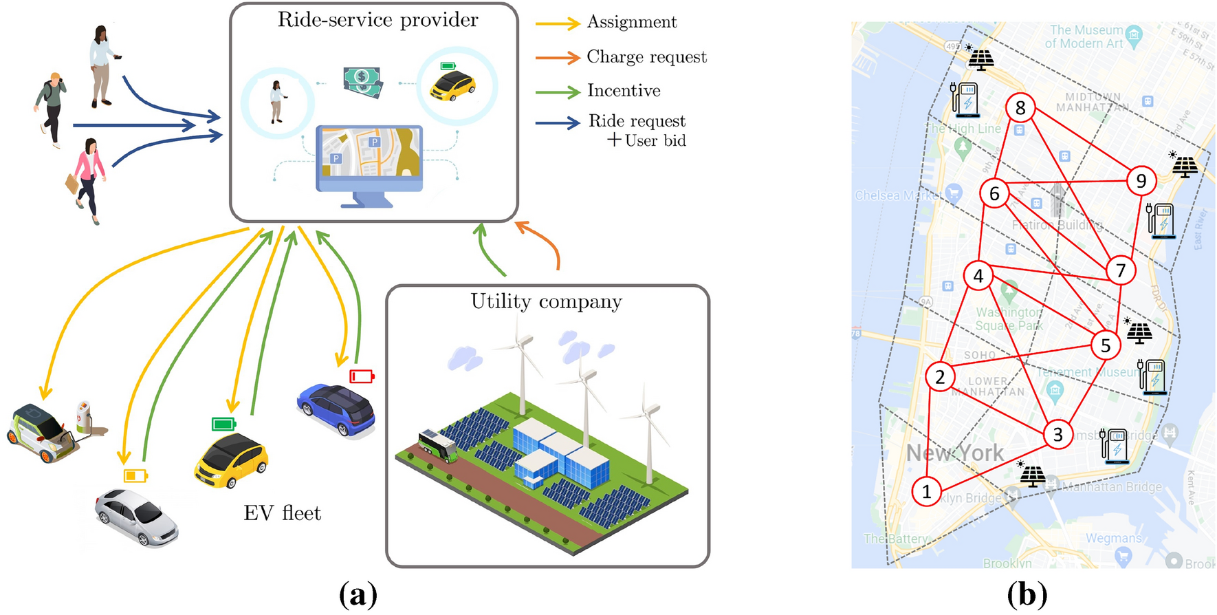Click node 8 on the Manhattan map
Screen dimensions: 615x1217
pos(1020,108)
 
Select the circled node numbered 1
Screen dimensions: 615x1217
pos(926,491)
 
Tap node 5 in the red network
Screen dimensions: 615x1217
pos(1106,345)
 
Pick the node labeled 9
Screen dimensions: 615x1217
pos(1141,181)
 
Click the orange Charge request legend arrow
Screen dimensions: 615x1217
pos(558,57)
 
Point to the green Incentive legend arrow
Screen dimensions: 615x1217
pos(558,91)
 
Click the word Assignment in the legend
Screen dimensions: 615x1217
pos(632,22)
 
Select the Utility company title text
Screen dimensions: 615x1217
pos(546,301)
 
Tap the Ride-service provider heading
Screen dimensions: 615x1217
pos(377,20)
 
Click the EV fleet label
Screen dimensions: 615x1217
pos(282,513)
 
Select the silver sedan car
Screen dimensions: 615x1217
pos(136,516)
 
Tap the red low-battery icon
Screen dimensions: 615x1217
pos(362,376)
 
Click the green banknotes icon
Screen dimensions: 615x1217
pos(363,81)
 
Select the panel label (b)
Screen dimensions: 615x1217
pos(1027,594)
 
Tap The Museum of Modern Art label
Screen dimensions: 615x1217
pos(1086,36)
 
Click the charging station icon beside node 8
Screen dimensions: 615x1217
pos(965,99)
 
